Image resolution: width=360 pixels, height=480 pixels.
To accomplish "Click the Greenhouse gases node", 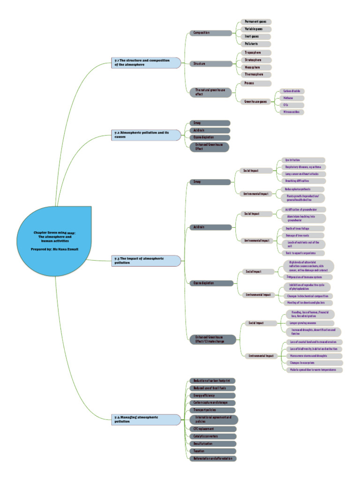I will (256, 101).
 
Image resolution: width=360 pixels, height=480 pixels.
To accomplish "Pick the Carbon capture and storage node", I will (211, 403).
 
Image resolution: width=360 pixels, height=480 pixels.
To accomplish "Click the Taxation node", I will (211, 451).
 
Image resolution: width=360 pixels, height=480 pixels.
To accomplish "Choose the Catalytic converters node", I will (211, 436).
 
